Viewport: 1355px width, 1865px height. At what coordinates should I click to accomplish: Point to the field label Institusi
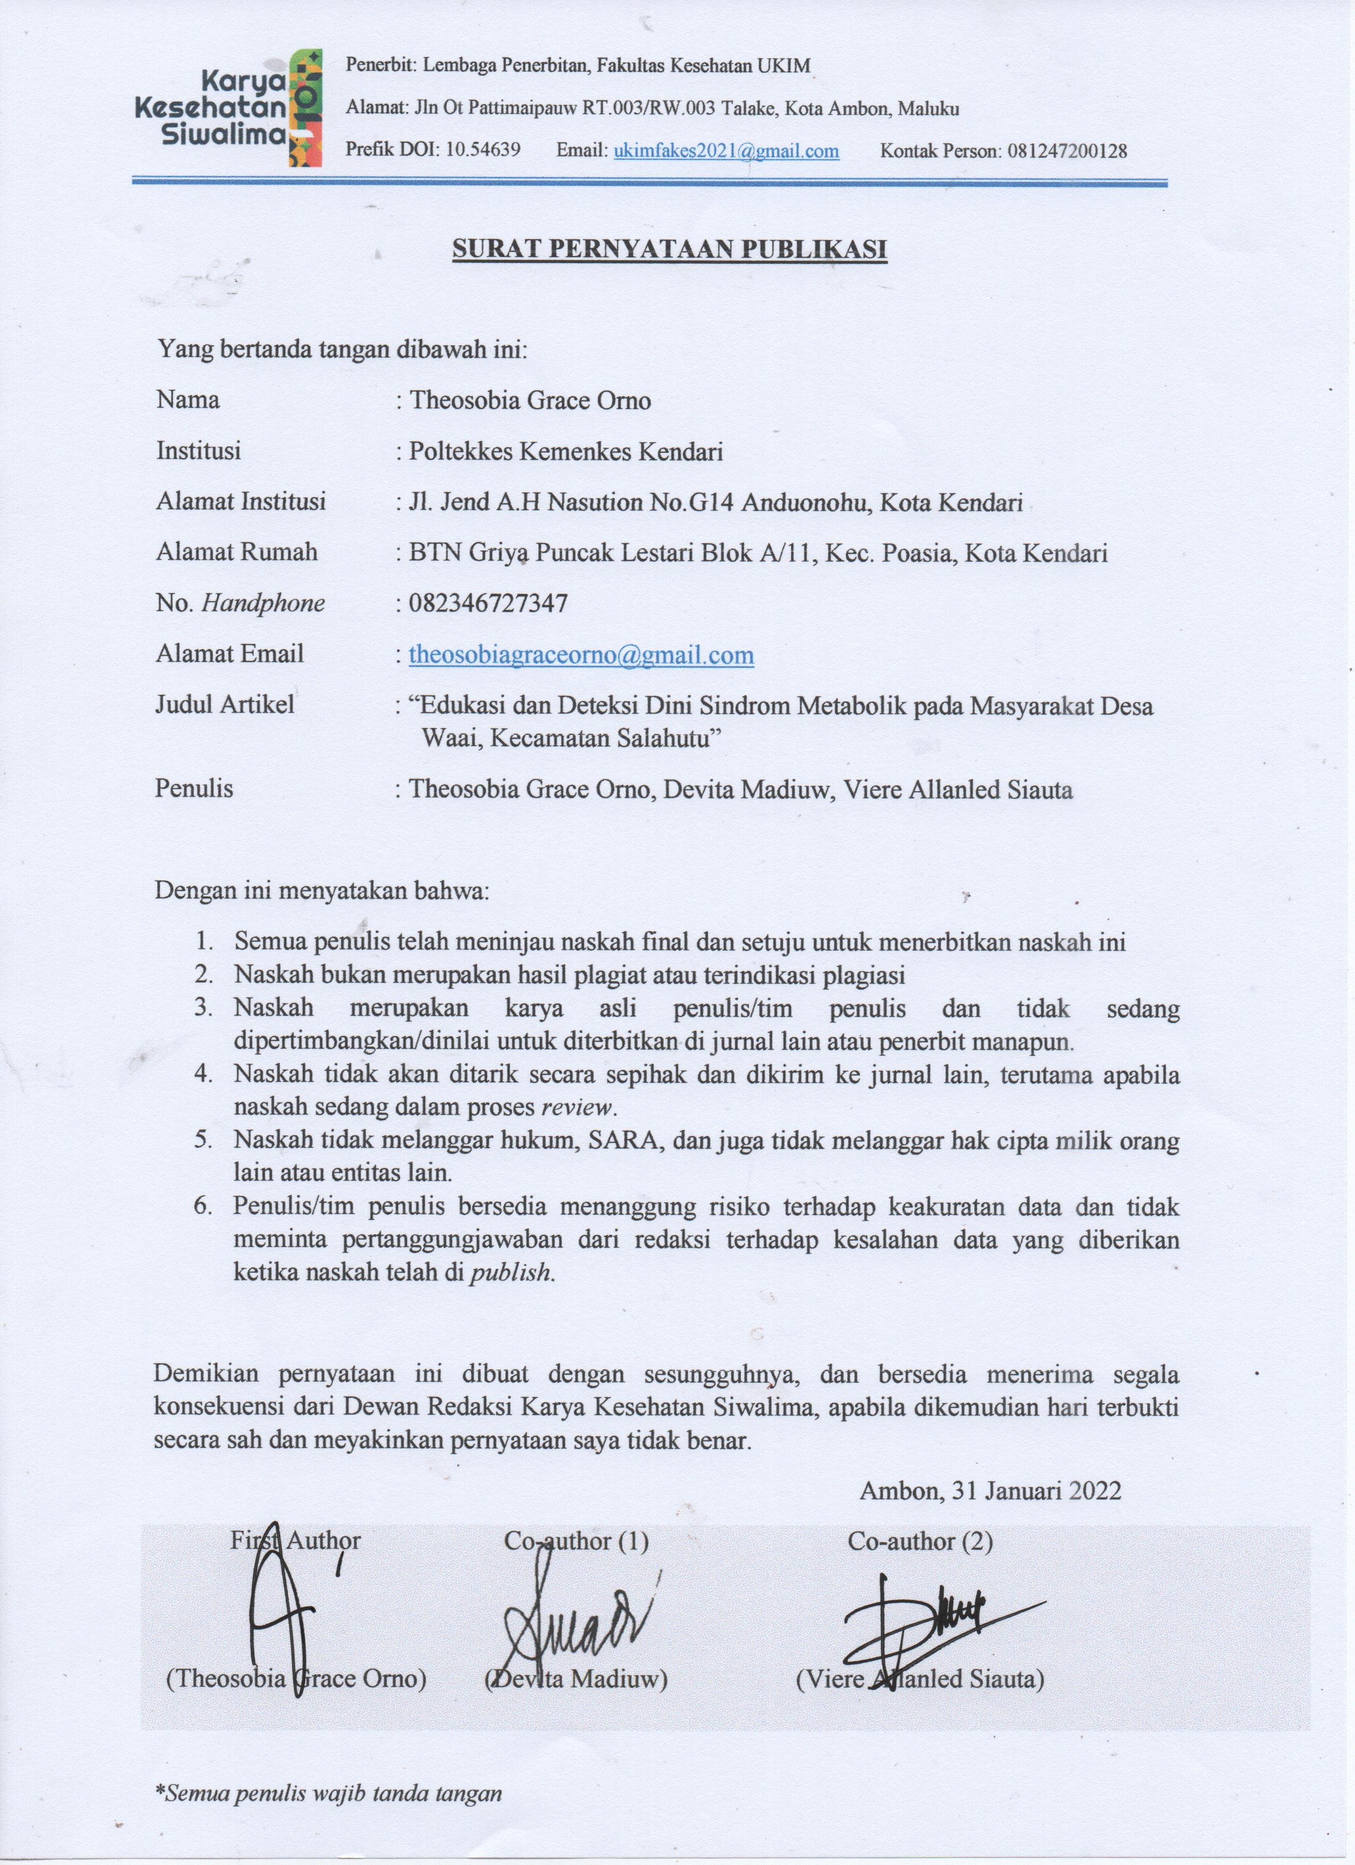pos(198,451)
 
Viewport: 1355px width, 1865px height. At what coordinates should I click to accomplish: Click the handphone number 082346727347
pos(488,604)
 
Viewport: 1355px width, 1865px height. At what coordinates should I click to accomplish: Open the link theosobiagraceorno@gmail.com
pos(581,655)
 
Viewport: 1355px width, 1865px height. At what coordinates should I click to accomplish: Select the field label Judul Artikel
pos(224,704)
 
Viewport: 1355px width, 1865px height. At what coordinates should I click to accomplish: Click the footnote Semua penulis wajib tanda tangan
pos(329,1793)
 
